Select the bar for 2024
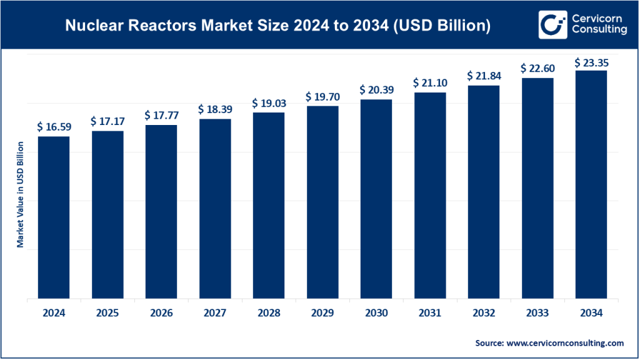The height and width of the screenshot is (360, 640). point(54,217)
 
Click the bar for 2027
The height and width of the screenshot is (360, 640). point(215,209)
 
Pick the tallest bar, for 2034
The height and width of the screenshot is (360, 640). point(591,184)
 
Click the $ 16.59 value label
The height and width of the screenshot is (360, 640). point(54,127)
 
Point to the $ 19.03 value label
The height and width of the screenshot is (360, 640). point(269,103)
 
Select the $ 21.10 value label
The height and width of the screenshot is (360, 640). point(430,83)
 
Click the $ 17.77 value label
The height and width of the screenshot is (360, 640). point(161,116)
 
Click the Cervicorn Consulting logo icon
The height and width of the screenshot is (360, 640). point(552,24)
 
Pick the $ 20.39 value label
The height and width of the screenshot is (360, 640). point(376,90)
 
